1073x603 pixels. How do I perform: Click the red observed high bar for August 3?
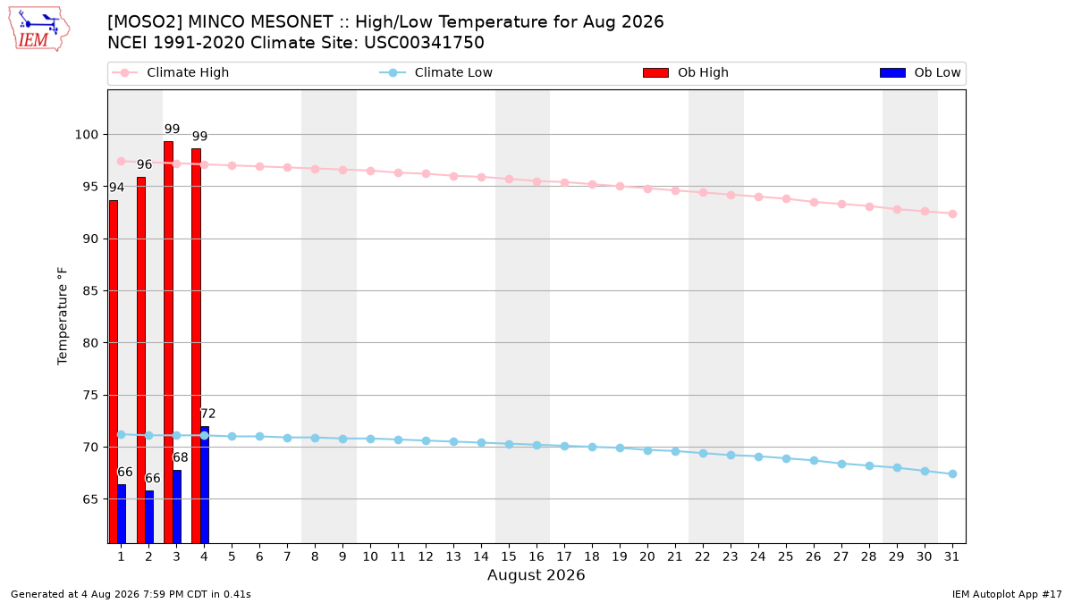tap(169, 342)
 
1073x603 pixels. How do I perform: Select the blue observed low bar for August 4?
tap(205, 485)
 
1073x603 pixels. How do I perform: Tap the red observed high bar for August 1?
tap(114, 372)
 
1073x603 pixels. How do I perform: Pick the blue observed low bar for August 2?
tap(149, 517)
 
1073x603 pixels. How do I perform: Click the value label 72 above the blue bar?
tap(207, 414)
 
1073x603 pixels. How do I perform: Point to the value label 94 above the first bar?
tap(116, 187)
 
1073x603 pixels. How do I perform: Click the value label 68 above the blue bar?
tap(180, 457)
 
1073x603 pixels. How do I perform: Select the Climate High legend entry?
tap(171, 72)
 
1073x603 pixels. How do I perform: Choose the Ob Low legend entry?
tap(920, 72)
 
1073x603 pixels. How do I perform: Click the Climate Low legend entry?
tap(436, 72)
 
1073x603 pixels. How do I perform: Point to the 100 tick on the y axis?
tap(86, 135)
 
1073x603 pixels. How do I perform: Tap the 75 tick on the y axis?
tap(90, 395)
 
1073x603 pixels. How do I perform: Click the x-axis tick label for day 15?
tap(509, 557)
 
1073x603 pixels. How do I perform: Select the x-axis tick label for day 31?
tap(951, 557)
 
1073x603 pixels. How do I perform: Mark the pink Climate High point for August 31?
tap(953, 214)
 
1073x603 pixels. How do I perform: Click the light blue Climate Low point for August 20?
tap(647, 450)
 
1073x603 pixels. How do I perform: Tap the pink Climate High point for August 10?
tap(370, 171)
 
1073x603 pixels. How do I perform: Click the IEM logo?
tap(38, 29)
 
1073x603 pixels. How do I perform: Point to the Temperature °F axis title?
tap(63, 316)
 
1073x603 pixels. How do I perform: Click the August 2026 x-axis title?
tap(536, 574)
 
